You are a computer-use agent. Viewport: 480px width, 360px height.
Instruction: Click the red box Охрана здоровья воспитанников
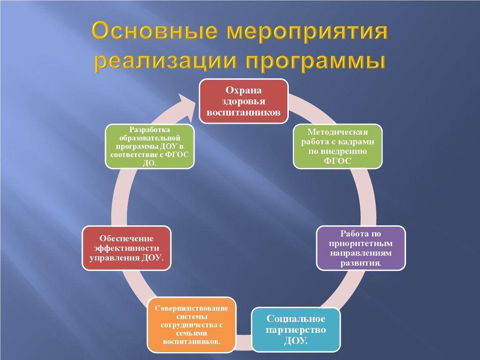244,101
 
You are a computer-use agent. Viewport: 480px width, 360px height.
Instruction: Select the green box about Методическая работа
337,146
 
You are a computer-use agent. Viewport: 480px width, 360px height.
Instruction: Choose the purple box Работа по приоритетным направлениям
360,248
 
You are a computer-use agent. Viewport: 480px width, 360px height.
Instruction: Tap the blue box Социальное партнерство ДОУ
296,330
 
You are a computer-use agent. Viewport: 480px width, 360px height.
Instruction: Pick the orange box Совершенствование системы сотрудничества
192,325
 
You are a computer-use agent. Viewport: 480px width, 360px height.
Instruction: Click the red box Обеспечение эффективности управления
127,248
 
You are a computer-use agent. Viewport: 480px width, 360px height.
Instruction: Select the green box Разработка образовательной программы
150,146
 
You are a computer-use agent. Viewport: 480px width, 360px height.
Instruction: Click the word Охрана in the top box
244,90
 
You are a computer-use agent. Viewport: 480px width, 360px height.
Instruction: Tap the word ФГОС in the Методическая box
337,161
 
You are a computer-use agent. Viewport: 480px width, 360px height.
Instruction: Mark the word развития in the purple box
360,263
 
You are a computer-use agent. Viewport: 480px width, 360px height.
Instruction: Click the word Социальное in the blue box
296,319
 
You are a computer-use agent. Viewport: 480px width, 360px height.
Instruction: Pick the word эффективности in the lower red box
127,248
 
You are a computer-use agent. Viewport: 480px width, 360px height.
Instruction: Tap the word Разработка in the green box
150,130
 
